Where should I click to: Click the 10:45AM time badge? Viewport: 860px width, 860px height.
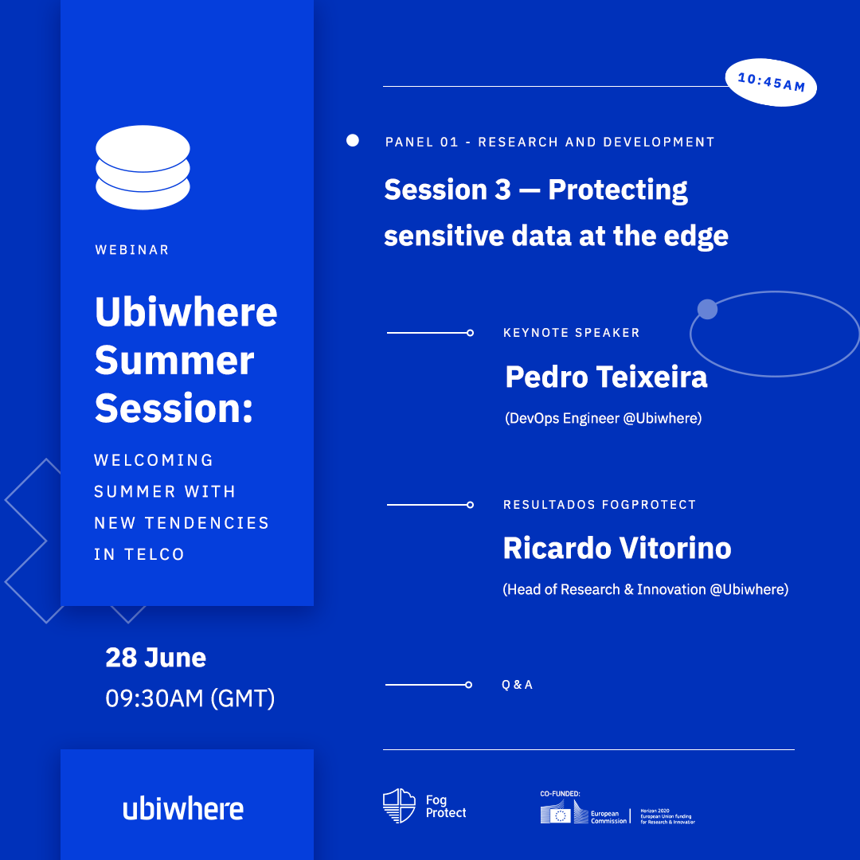[x=771, y=82]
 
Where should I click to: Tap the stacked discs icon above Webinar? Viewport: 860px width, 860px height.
[x=143, y=167]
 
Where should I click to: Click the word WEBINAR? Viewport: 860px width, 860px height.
[x=132, y=250]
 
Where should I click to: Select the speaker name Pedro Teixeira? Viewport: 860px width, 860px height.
[x=606, y=377]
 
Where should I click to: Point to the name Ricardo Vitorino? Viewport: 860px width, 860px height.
[x=617, y=549]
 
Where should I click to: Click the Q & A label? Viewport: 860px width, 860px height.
[x=518, y=685]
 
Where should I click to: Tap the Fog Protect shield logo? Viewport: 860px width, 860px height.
[x=399, y=806]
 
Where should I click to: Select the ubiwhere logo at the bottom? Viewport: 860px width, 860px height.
[x=183, y=808]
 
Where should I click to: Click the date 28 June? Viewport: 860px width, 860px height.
[x=156, y=658]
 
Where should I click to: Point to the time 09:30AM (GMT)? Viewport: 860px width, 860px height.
[x=190, y=699]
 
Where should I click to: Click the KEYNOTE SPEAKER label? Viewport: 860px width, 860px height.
[x=572, y=333]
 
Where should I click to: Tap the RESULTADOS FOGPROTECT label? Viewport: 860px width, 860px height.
[x=600, y=505]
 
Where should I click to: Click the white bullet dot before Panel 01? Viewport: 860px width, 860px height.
[x=353, y=140]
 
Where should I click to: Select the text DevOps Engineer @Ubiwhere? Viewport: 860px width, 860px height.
[x=604, y=419]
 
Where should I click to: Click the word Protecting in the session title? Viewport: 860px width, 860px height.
[x=618, y=191]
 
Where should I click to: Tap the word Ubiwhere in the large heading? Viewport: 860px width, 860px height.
[x=186, y=311]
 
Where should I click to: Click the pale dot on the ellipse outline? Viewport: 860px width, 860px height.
[x=708, y=309]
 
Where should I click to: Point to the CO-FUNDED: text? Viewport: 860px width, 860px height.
[x=560, y=794]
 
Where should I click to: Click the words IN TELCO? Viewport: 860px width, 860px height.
[x=139, y=554]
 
